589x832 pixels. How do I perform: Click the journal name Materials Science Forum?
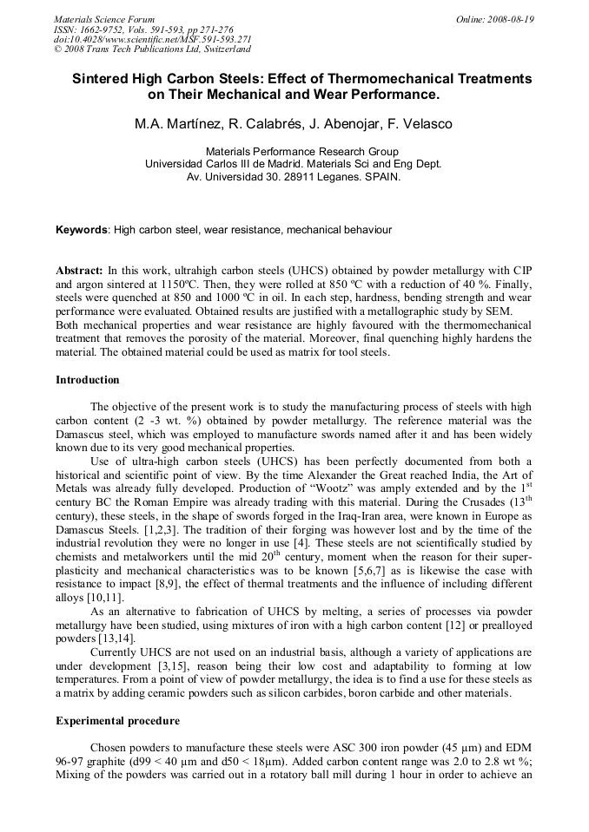coord(104,19)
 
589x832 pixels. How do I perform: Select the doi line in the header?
coord(152,39)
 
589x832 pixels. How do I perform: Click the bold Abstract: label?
coord(79,271)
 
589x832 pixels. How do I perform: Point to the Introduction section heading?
coord(88,380)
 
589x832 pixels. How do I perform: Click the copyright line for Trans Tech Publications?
coord(152,49)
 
